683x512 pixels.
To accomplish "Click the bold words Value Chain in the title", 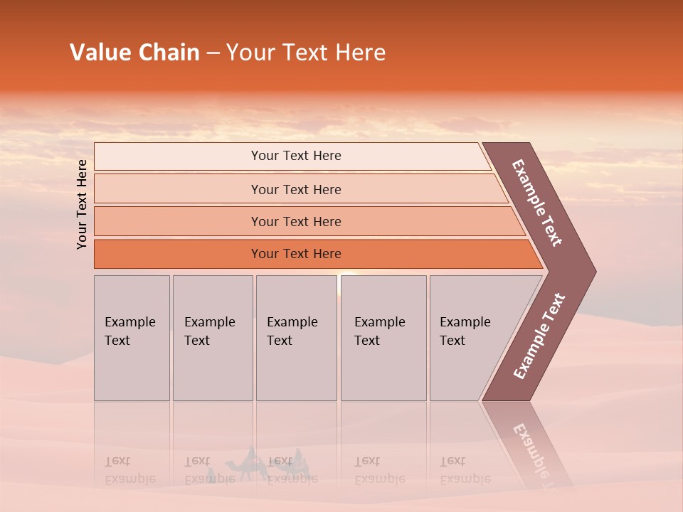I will pos(134,53).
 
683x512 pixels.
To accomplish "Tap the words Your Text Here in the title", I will pos(306,53).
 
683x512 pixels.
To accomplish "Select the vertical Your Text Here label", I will pos(83,204).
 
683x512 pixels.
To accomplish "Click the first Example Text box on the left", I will pos(132,338).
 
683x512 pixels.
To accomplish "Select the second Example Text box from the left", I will pos(213,338).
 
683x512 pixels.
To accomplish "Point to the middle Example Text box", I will pos(296,338).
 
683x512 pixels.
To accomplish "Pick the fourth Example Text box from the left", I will pos(383,338).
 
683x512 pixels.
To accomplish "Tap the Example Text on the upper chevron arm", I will pos(537,203).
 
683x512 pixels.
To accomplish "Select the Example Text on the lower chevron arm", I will pos(539,336).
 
